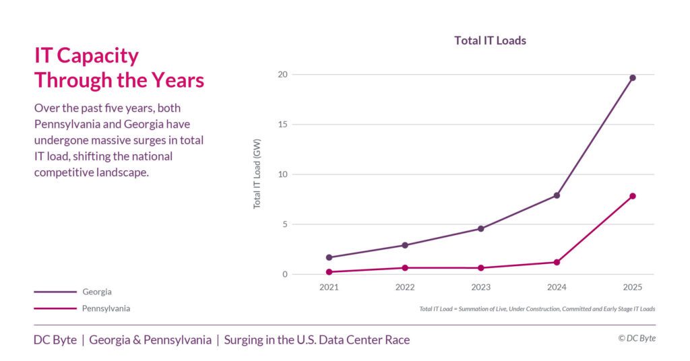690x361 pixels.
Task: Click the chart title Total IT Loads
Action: click(490, 40)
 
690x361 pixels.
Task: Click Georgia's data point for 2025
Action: click(633, 77)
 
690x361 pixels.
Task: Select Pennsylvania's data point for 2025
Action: click(633, 196)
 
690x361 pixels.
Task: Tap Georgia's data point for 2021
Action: click(329, 257)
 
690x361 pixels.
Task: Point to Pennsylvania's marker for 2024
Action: click(557, 262)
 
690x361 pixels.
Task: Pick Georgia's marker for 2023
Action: click(480, 229)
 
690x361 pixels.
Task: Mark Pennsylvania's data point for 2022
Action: click(405, 268)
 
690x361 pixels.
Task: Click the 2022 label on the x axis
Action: click(405, 287)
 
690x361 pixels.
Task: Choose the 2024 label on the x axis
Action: click(557, 287)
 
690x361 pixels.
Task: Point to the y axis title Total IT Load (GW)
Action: click(257, 175)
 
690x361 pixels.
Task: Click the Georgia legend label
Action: click(97, 292)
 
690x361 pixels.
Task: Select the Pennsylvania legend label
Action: click(106, 308)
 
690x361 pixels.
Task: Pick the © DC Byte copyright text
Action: click(636, 339)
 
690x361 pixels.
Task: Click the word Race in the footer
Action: click(396, 340)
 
